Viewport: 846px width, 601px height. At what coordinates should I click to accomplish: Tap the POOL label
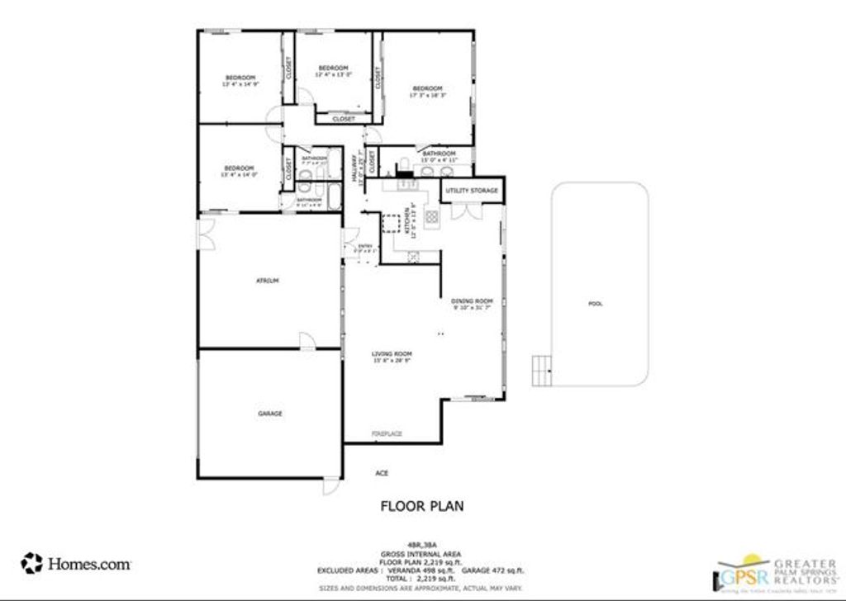point(595,304)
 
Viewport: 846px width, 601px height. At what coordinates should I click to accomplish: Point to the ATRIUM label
point(268,282)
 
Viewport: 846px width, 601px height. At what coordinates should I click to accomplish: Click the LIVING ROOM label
point(392,353)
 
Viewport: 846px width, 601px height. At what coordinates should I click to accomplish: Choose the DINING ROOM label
point(472,301)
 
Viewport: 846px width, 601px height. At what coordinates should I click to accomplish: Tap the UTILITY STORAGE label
point(472,191)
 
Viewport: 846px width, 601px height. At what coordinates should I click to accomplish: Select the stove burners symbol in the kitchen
point(431,218)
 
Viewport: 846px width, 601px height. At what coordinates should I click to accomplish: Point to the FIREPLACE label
point(385,433)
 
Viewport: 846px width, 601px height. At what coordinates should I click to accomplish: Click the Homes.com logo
point(76,564)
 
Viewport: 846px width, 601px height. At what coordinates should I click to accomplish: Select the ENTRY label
point(364,246)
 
